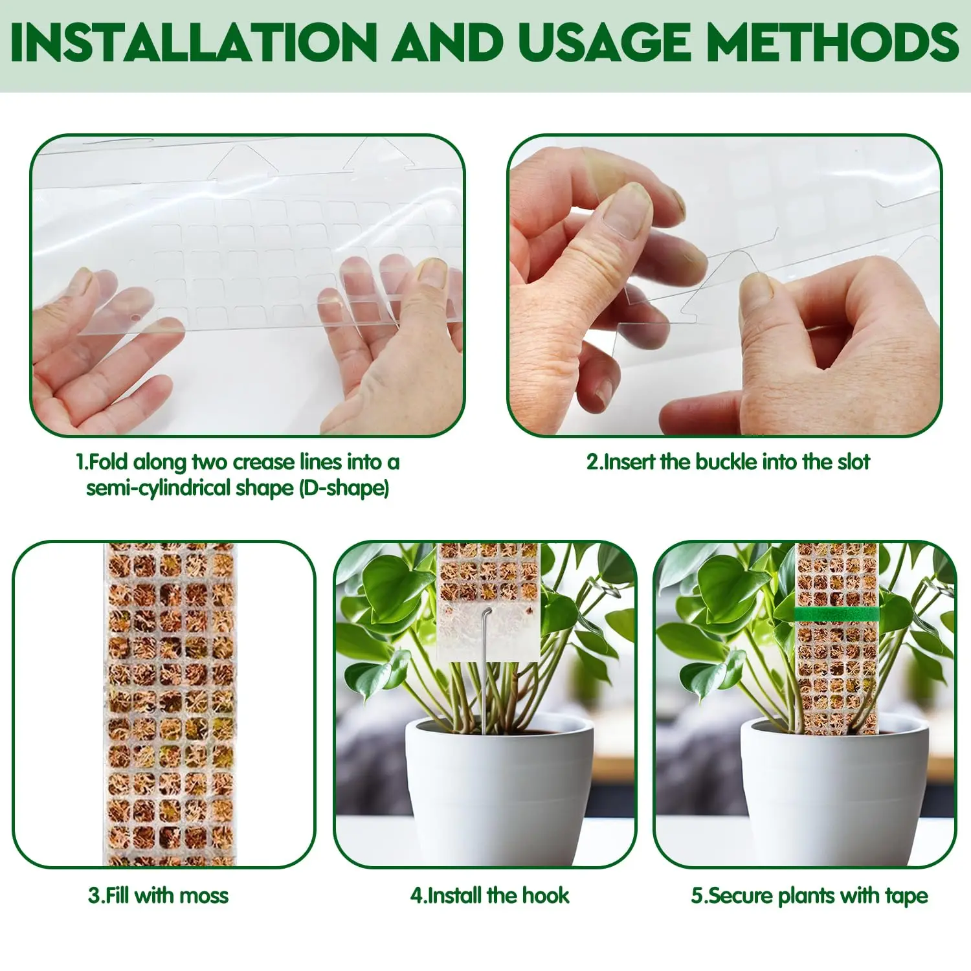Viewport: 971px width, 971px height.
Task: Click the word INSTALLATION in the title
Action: pos(193,43)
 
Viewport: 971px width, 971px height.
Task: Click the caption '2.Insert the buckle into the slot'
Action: pos(728,462)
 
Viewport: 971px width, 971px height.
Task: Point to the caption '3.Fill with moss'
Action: pos(159,896)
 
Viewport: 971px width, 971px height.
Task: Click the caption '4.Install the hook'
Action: pos(489,896)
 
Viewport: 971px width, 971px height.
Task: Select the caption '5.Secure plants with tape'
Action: pos(809,896)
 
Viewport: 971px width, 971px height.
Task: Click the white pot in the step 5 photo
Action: pos(835,796)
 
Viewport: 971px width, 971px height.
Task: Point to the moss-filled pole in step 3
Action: pos(170,706)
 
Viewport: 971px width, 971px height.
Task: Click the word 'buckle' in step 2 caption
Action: pos(726,462)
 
